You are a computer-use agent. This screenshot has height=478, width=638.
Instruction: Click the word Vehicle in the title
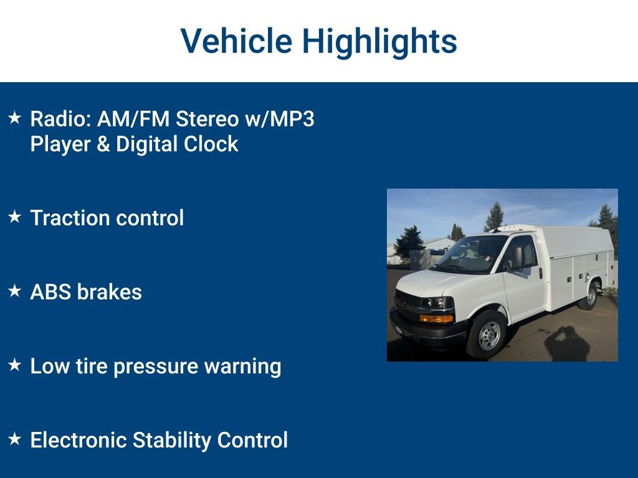tap(236, 41)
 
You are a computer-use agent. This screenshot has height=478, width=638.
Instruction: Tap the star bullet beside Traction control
tap(15, 217)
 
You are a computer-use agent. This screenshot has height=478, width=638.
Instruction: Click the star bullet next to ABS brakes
tap(15, 291)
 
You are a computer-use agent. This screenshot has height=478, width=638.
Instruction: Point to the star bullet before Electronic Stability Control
tap(15, 439)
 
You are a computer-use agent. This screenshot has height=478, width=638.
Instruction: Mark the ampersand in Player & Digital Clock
tap(103, 144)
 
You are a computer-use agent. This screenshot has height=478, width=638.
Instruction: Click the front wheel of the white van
tap(488, 335)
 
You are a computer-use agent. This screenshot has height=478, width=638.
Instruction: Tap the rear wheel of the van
tap(588, 295)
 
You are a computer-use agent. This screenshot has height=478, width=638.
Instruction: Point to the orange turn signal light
tap(436, 318)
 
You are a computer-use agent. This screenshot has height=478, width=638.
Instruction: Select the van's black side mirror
tap(517, 258)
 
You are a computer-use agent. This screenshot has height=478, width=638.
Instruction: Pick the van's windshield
tap(472, 253)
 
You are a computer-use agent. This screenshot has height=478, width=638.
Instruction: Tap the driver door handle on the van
tap(540, 273)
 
